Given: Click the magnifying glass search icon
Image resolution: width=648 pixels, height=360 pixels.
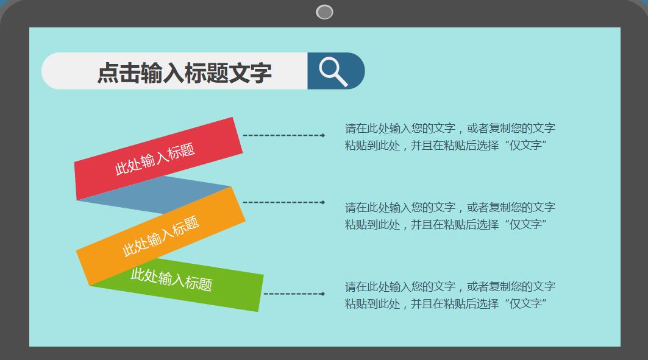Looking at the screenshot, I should [333, 71].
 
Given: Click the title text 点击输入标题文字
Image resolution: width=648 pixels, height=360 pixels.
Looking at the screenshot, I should [184, 72].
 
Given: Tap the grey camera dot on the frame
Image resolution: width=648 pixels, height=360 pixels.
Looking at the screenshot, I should [324, 12].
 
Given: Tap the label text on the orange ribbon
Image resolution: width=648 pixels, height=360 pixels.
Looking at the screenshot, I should [161, 236].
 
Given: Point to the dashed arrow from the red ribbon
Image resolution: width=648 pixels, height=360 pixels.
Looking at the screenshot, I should [283, 135].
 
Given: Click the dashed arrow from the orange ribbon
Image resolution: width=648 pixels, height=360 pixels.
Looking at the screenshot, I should [283, 202].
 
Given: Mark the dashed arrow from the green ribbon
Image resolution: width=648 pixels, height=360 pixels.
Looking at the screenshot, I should [294, 294].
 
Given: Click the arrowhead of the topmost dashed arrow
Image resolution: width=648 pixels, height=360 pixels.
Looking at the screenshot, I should [322, 135].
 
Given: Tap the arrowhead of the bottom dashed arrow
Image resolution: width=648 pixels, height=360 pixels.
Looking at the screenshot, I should [322, 294].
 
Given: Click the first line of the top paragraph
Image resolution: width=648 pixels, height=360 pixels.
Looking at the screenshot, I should [450, 129].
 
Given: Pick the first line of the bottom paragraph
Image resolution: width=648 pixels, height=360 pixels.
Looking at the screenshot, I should [450, 287].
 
